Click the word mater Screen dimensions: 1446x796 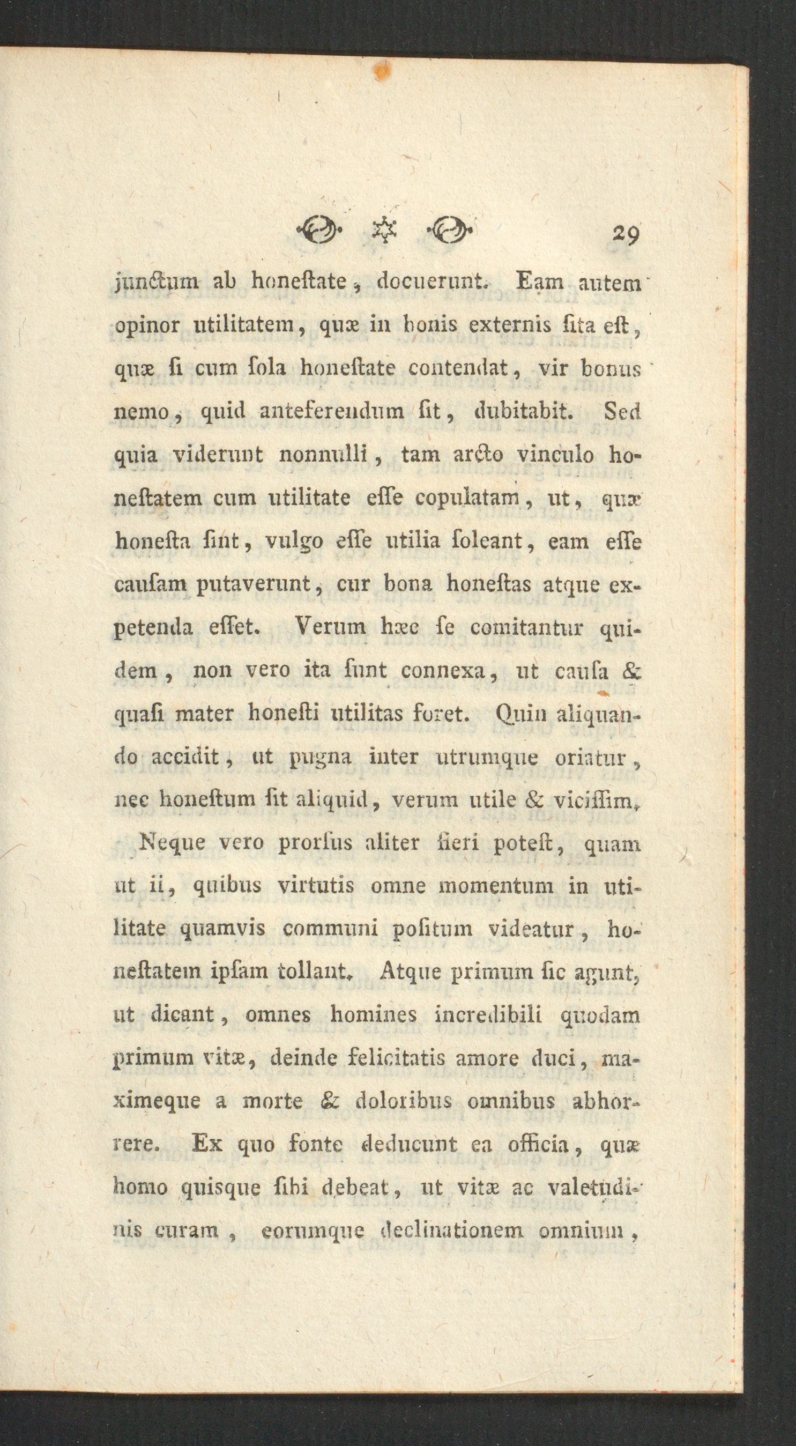click(x=211, y=714)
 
